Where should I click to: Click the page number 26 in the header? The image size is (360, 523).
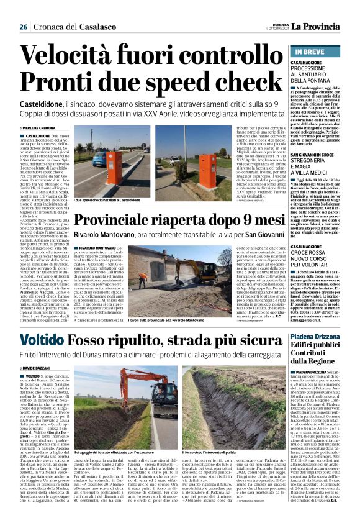(x=24, y=27)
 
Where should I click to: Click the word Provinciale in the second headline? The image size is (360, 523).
(x=119, y=222)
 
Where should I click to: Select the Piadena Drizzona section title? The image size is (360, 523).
(x=317, y=337)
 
